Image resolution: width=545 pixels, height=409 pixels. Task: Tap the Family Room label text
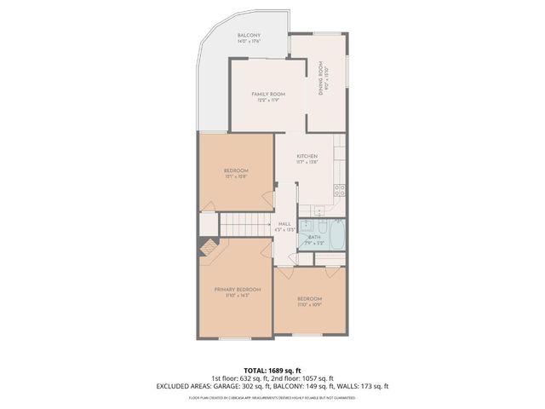pos(267,94)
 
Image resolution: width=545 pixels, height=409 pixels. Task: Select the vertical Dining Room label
pos(321,78)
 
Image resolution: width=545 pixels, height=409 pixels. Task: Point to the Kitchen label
pos(307,157)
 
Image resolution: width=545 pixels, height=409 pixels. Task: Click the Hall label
pos(284,223)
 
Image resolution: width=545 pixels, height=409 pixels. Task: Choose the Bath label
pos(313,237)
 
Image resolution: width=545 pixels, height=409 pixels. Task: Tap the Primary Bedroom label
pos(237,290)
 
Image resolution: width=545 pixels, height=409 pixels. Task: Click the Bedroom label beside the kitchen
pos(236,170)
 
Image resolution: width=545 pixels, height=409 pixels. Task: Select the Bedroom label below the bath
pos(309,298)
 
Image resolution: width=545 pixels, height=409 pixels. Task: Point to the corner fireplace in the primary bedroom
pos(205,248)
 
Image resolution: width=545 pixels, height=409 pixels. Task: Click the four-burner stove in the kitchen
pos(338,190)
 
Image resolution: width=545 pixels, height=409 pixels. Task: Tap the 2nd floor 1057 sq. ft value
pos(314,377)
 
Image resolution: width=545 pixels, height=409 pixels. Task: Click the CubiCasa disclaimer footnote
pos(272,396)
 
